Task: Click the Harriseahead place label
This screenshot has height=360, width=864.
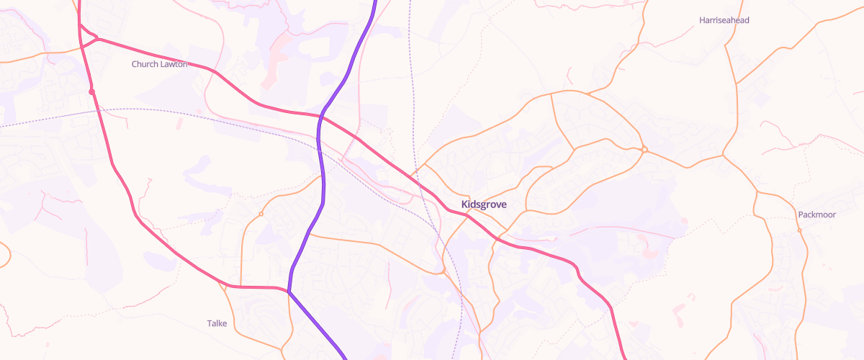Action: point(724,20)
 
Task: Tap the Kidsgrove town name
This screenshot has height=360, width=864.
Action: point(483,204)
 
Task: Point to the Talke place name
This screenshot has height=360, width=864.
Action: point(217,323)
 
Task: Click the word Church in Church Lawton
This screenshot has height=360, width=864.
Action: point(145,64)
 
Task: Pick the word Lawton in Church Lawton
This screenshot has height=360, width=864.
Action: point(174,64)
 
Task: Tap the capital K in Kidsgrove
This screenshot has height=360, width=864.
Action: point(464,204)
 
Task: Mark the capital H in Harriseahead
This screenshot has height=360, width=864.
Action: point(702,20)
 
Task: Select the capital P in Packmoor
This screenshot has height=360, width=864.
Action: point(801,215)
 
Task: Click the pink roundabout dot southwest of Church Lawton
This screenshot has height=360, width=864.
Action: point(92,91)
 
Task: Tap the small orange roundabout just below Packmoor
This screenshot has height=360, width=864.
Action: point(799,230)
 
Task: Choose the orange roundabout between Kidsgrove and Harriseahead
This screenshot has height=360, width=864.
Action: point(644,149)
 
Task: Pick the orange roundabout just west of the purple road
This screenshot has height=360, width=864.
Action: point(261,214)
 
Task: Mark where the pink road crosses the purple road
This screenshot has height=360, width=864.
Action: point(320,115)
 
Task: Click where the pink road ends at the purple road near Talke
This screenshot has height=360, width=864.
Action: point(289,291)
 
